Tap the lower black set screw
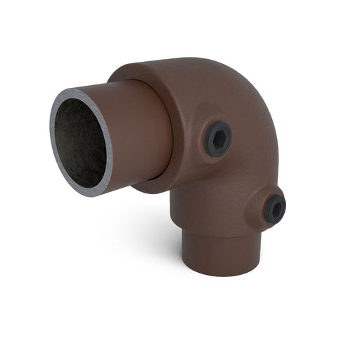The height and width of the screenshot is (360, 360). pyautogui.click(x=275, y=207)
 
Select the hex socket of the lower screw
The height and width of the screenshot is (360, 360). pyautogui.click(x=276, y=208)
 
